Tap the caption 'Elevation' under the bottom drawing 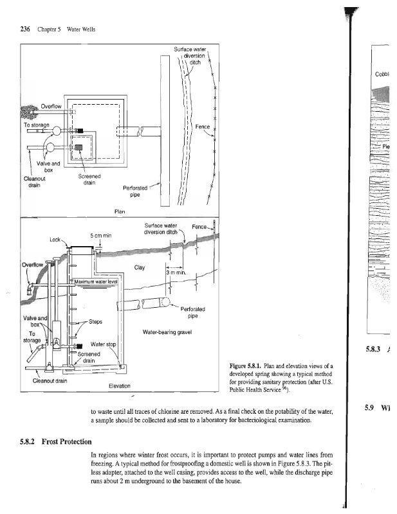[119, 385]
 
